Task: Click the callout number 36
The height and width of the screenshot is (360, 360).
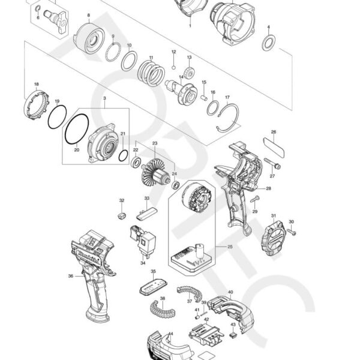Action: click(x=70, y=276)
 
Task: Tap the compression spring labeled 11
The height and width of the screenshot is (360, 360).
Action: click(x=152, y=74)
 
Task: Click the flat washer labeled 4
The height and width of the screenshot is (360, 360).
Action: click(x=271, y=41)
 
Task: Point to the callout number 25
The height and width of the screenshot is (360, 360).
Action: click(x=229, y=247)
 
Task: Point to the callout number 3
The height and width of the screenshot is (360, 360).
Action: click(x=104, y=98)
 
